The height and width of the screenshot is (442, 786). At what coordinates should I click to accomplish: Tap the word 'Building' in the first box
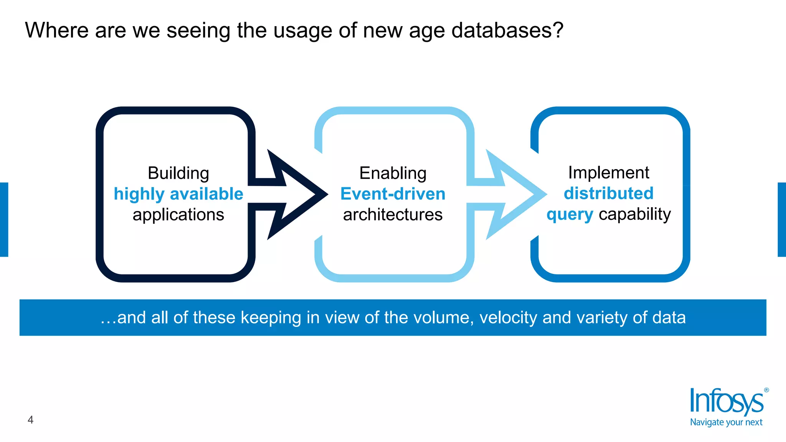pos(178,173)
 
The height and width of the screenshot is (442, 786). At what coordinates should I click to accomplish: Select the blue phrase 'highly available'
pos(178,194)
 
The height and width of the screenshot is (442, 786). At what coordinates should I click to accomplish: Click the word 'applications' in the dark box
pos(178,214)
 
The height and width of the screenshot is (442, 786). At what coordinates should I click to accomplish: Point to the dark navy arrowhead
pos(303,195)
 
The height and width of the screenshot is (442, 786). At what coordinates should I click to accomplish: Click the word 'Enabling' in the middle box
pos(393,173)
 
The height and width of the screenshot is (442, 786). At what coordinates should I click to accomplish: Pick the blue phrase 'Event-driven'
pos(393,194)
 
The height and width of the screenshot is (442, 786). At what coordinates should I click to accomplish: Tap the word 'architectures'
pos(393,214)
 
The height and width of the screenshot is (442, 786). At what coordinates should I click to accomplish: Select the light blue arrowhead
pos(522,195)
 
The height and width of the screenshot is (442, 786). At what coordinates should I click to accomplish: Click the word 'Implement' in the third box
pos(609,172)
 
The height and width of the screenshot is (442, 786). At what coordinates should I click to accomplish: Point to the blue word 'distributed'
pos(609,193)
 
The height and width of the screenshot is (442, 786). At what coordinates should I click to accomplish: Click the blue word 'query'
pos(570,214)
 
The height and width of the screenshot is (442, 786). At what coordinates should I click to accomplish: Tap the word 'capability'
pos(635,214)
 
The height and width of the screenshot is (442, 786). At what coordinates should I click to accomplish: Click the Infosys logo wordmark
pos(726,401)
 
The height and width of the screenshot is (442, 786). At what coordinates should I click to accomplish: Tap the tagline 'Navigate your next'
pos(726,422)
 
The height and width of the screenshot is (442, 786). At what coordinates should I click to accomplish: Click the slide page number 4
pos(31,420)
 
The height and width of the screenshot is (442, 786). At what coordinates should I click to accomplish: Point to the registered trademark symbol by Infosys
pos(766,390)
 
